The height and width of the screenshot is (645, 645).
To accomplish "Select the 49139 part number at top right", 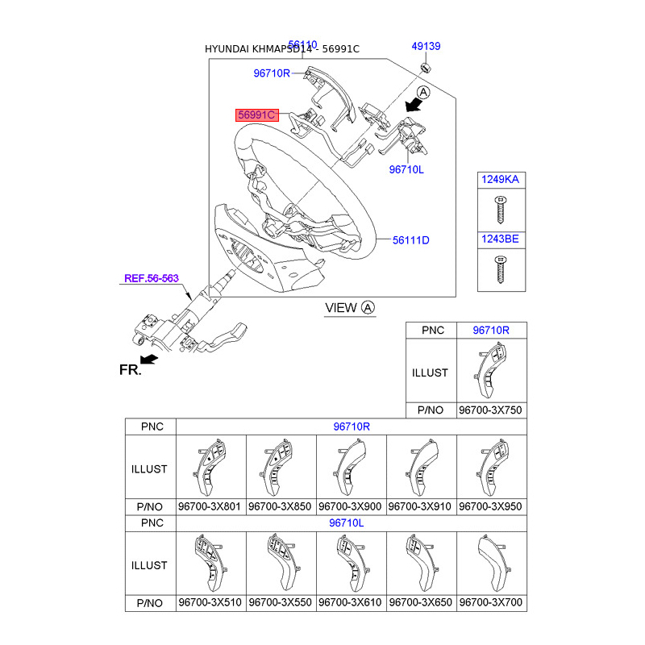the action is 426,47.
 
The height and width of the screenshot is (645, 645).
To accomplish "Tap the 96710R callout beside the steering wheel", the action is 271,73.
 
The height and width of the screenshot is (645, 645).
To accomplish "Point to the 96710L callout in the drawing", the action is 406,170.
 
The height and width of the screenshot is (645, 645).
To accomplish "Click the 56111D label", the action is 411,240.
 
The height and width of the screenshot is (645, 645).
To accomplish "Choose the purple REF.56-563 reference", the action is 151,279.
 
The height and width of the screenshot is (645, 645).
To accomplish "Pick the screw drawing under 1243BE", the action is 501,268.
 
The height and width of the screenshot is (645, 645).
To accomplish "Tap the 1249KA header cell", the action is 501,180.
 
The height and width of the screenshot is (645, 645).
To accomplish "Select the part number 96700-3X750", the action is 490,410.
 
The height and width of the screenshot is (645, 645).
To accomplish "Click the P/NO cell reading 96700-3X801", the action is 210,506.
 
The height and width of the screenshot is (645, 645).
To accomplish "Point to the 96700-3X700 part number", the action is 490,603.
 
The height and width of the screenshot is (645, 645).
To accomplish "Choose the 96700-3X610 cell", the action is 351,603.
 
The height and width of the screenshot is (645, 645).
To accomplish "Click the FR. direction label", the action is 130,370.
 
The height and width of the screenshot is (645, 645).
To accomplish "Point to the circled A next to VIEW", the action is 368,307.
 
